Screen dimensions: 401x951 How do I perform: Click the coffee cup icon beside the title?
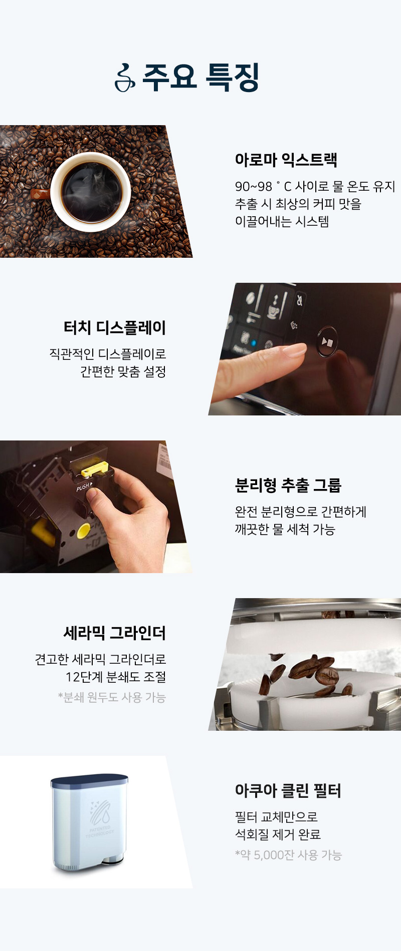click(x=125, y=78)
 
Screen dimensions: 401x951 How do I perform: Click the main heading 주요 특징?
click(x=201, y=77)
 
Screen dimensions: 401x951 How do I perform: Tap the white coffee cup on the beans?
click(x=90, y=192)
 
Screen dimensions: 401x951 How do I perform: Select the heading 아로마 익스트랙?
click(x=286, y=160)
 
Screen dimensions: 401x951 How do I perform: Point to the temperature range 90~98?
click(x=254, y=187)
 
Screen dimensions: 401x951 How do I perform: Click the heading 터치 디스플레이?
click(x=115, y=327)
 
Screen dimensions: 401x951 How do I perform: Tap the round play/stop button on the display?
click(x=327, y=342)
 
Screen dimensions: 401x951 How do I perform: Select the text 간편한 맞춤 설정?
click(x=123, y=371)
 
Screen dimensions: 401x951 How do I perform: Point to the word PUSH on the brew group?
click(x=83, y=487)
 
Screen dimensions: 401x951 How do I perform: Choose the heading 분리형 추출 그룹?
click(x=288, y=485)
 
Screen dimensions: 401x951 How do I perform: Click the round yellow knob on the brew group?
click(x=83, y=531)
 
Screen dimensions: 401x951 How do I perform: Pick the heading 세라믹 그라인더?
click(x=115, y=633)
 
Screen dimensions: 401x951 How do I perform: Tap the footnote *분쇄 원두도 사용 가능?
click(x=112, y=697)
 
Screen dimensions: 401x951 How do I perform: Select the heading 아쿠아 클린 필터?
click(x=288, y=790)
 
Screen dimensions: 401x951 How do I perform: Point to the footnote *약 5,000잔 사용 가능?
click(x=288, y=855)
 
